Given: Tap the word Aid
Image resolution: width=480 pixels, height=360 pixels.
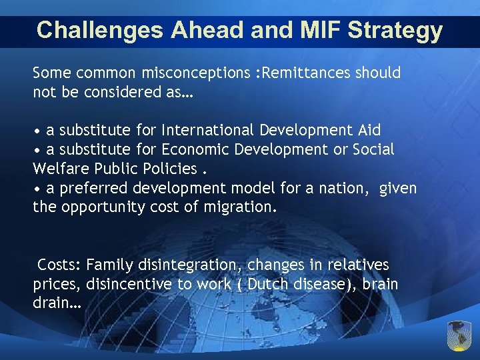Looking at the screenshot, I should (368, 130).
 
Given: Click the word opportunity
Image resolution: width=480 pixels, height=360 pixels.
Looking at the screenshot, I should (103, 207).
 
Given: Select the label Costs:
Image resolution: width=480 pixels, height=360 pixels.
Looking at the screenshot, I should (59, 265).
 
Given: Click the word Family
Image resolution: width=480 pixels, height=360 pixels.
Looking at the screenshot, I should (110, 265).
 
